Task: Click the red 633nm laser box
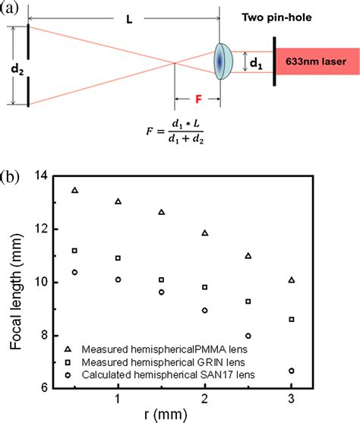tap(318, 62)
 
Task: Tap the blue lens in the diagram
tap(223, 61)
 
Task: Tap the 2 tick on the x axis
tap(205, 399)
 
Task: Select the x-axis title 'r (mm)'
tap(204, 415)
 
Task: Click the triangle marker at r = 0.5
tap(74, 190)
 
